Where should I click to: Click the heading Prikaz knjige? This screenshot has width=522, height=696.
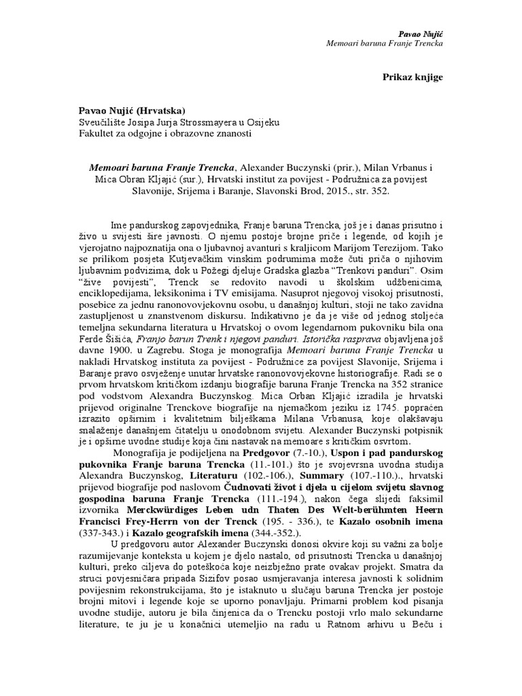click(413, 77)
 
